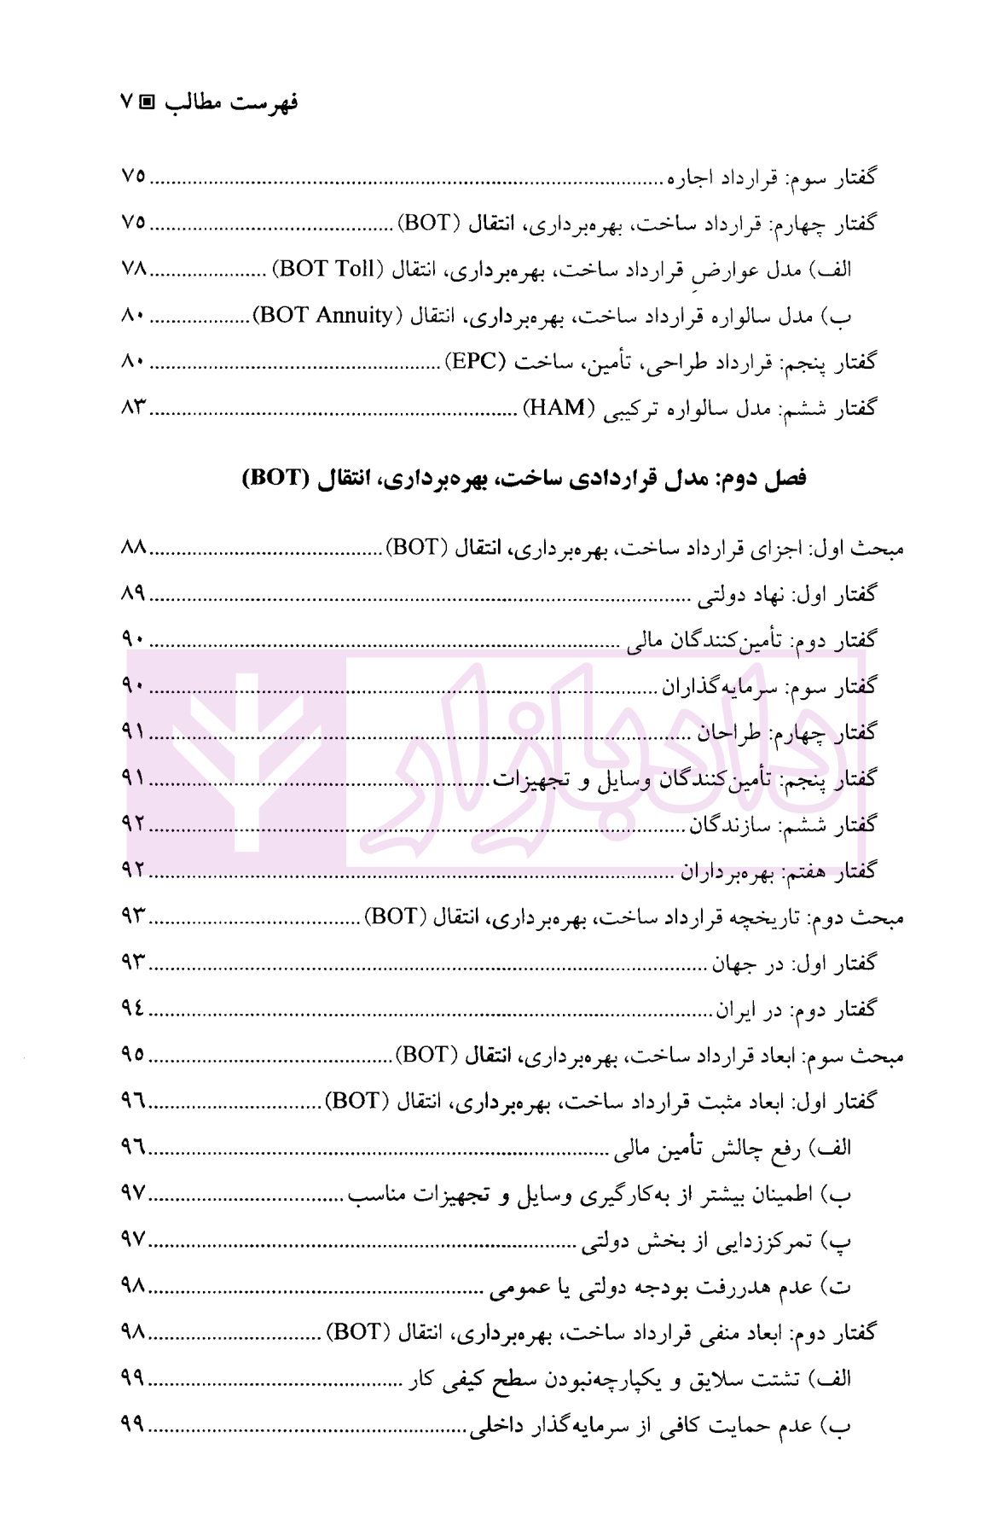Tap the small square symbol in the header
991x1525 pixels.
(147, 103)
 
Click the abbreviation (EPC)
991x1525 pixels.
(475, 362)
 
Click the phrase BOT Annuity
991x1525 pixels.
(324, 316)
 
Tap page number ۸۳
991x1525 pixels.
(134, 408)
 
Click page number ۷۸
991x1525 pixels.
(134, 270)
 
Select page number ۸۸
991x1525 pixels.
(134, 548)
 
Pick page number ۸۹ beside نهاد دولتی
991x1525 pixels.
(134, 594)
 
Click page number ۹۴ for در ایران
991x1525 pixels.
(134, 1010)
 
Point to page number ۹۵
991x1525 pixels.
(134, 1056)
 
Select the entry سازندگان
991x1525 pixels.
(723, 825)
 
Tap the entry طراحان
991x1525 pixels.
(730, 733)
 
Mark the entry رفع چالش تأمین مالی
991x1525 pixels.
(733, 1149)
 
